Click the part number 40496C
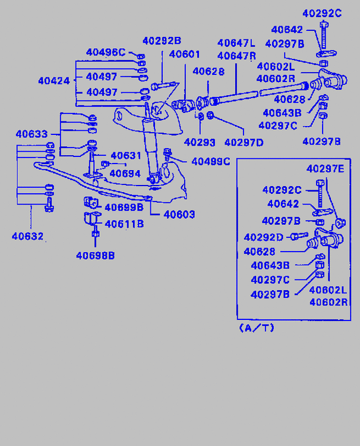point(106,52)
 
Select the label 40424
point(54,80)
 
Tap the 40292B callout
point(162,40)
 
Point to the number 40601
point(185,54)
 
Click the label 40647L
point(236,43)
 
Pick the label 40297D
point(244,142)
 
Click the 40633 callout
point(31,134)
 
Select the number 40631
point(126,156)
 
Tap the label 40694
point(125,174)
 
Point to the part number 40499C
point(210,161)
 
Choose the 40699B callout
point(124,207)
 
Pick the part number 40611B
point(124,224)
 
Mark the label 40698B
point(95,256)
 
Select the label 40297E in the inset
point(325,168)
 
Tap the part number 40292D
point(263,237)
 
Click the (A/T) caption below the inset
point(257,328)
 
